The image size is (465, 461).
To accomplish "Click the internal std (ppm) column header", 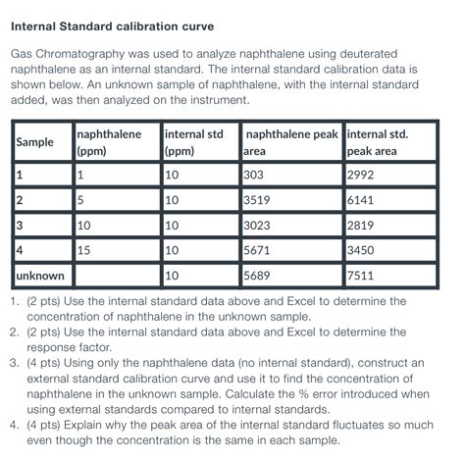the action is pyautogui.click(x=195, y=143).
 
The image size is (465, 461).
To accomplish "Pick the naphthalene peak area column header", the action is pyautogui.click(x=290, y=143).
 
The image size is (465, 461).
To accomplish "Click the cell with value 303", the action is pyautogui.click(x=255, y=176).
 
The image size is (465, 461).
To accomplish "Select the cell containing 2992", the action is pyautogui.click(x=361, y=176).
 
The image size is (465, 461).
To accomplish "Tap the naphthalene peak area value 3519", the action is pyautogui.click(x=258, y=201).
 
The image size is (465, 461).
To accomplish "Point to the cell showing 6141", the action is pyautogui.click(x=361, y=201).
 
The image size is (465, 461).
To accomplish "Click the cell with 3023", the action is pyautogui.click(x=258, y=226).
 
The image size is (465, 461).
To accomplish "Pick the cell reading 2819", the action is pyautogui.click(x=361, y=226).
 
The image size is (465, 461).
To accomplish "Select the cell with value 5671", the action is pyautogui.click(x=258, y=251).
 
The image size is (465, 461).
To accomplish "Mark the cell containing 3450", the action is pyautogui.click(x=361, y=251).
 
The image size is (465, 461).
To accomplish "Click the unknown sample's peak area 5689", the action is pyautogui.click(x=258, y=277).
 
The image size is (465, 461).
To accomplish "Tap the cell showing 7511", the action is pyautogui.click(x=361, y=277).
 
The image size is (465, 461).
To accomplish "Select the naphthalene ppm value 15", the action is pyautogui.click(x=84, y=251).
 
